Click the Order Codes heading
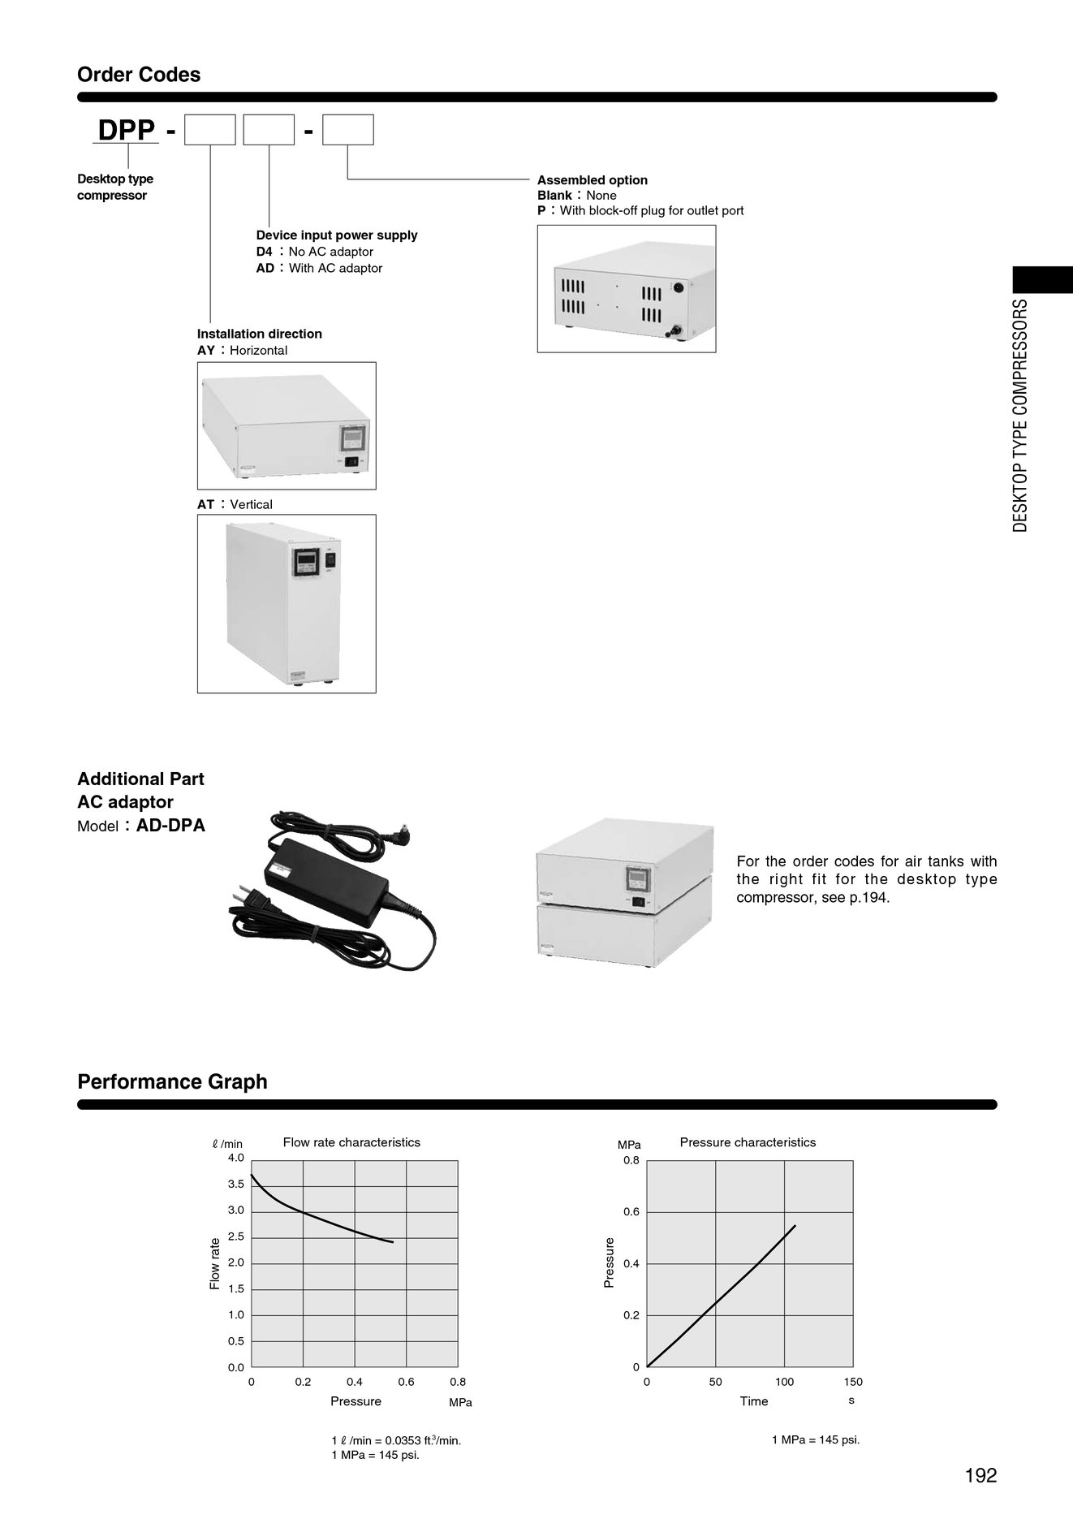[x=139, y=75]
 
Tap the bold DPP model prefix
[x=126, y=130]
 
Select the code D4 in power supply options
[x=265, y=252]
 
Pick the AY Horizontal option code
[x=206, y=350]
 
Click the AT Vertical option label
[x=235, y=504]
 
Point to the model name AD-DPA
[x=170, y=826]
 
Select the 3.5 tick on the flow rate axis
[x=236, y=1184]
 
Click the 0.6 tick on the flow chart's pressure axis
[x=406, y=1381]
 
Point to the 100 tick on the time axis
[x=784, y=1381]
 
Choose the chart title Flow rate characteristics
[x=351, y=1142]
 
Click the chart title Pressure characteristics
[x=748, y=1142]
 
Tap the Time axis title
[x=754, y=1400]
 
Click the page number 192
[x=980, y=1475]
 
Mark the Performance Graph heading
[x=172, y=1081]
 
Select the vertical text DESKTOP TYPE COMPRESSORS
[x=1020, y=416]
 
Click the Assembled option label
[x=593, y=180]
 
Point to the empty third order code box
[x=348, y=130]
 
